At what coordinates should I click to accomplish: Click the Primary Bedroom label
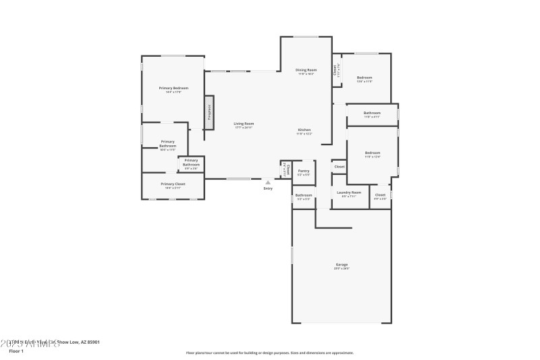click(173, 88)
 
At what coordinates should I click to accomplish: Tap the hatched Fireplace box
click(209, 111)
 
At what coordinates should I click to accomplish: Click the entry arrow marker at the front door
click(268, 182)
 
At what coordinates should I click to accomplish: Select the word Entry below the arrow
click(268, 188)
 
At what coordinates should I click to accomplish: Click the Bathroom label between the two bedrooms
click(372, 113)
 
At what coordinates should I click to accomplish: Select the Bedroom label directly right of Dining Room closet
click(364, 78)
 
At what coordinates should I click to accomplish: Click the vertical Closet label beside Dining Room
click(335, 70)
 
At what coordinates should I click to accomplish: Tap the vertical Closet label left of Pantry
click(286, 170)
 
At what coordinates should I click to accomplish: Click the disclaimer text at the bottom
click(269, 352)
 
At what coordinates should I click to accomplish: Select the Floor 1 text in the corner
click(16, 351)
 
